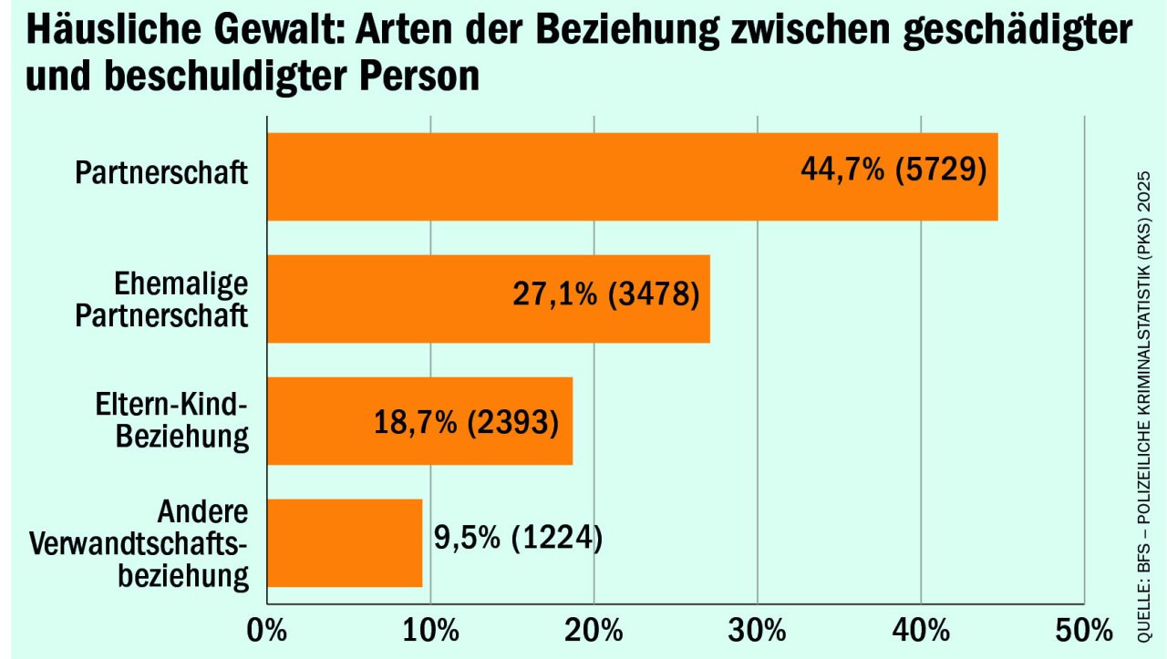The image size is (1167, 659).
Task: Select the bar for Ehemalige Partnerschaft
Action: click(383, 299)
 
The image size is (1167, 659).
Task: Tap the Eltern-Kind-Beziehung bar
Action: click(319, 421)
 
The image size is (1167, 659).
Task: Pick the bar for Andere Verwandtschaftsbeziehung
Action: click(345, 543)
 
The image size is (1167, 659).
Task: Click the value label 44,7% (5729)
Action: click(893, 170)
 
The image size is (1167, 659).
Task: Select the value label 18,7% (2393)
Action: click(466, 422)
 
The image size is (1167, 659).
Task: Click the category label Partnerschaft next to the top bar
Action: click(161, 173)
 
